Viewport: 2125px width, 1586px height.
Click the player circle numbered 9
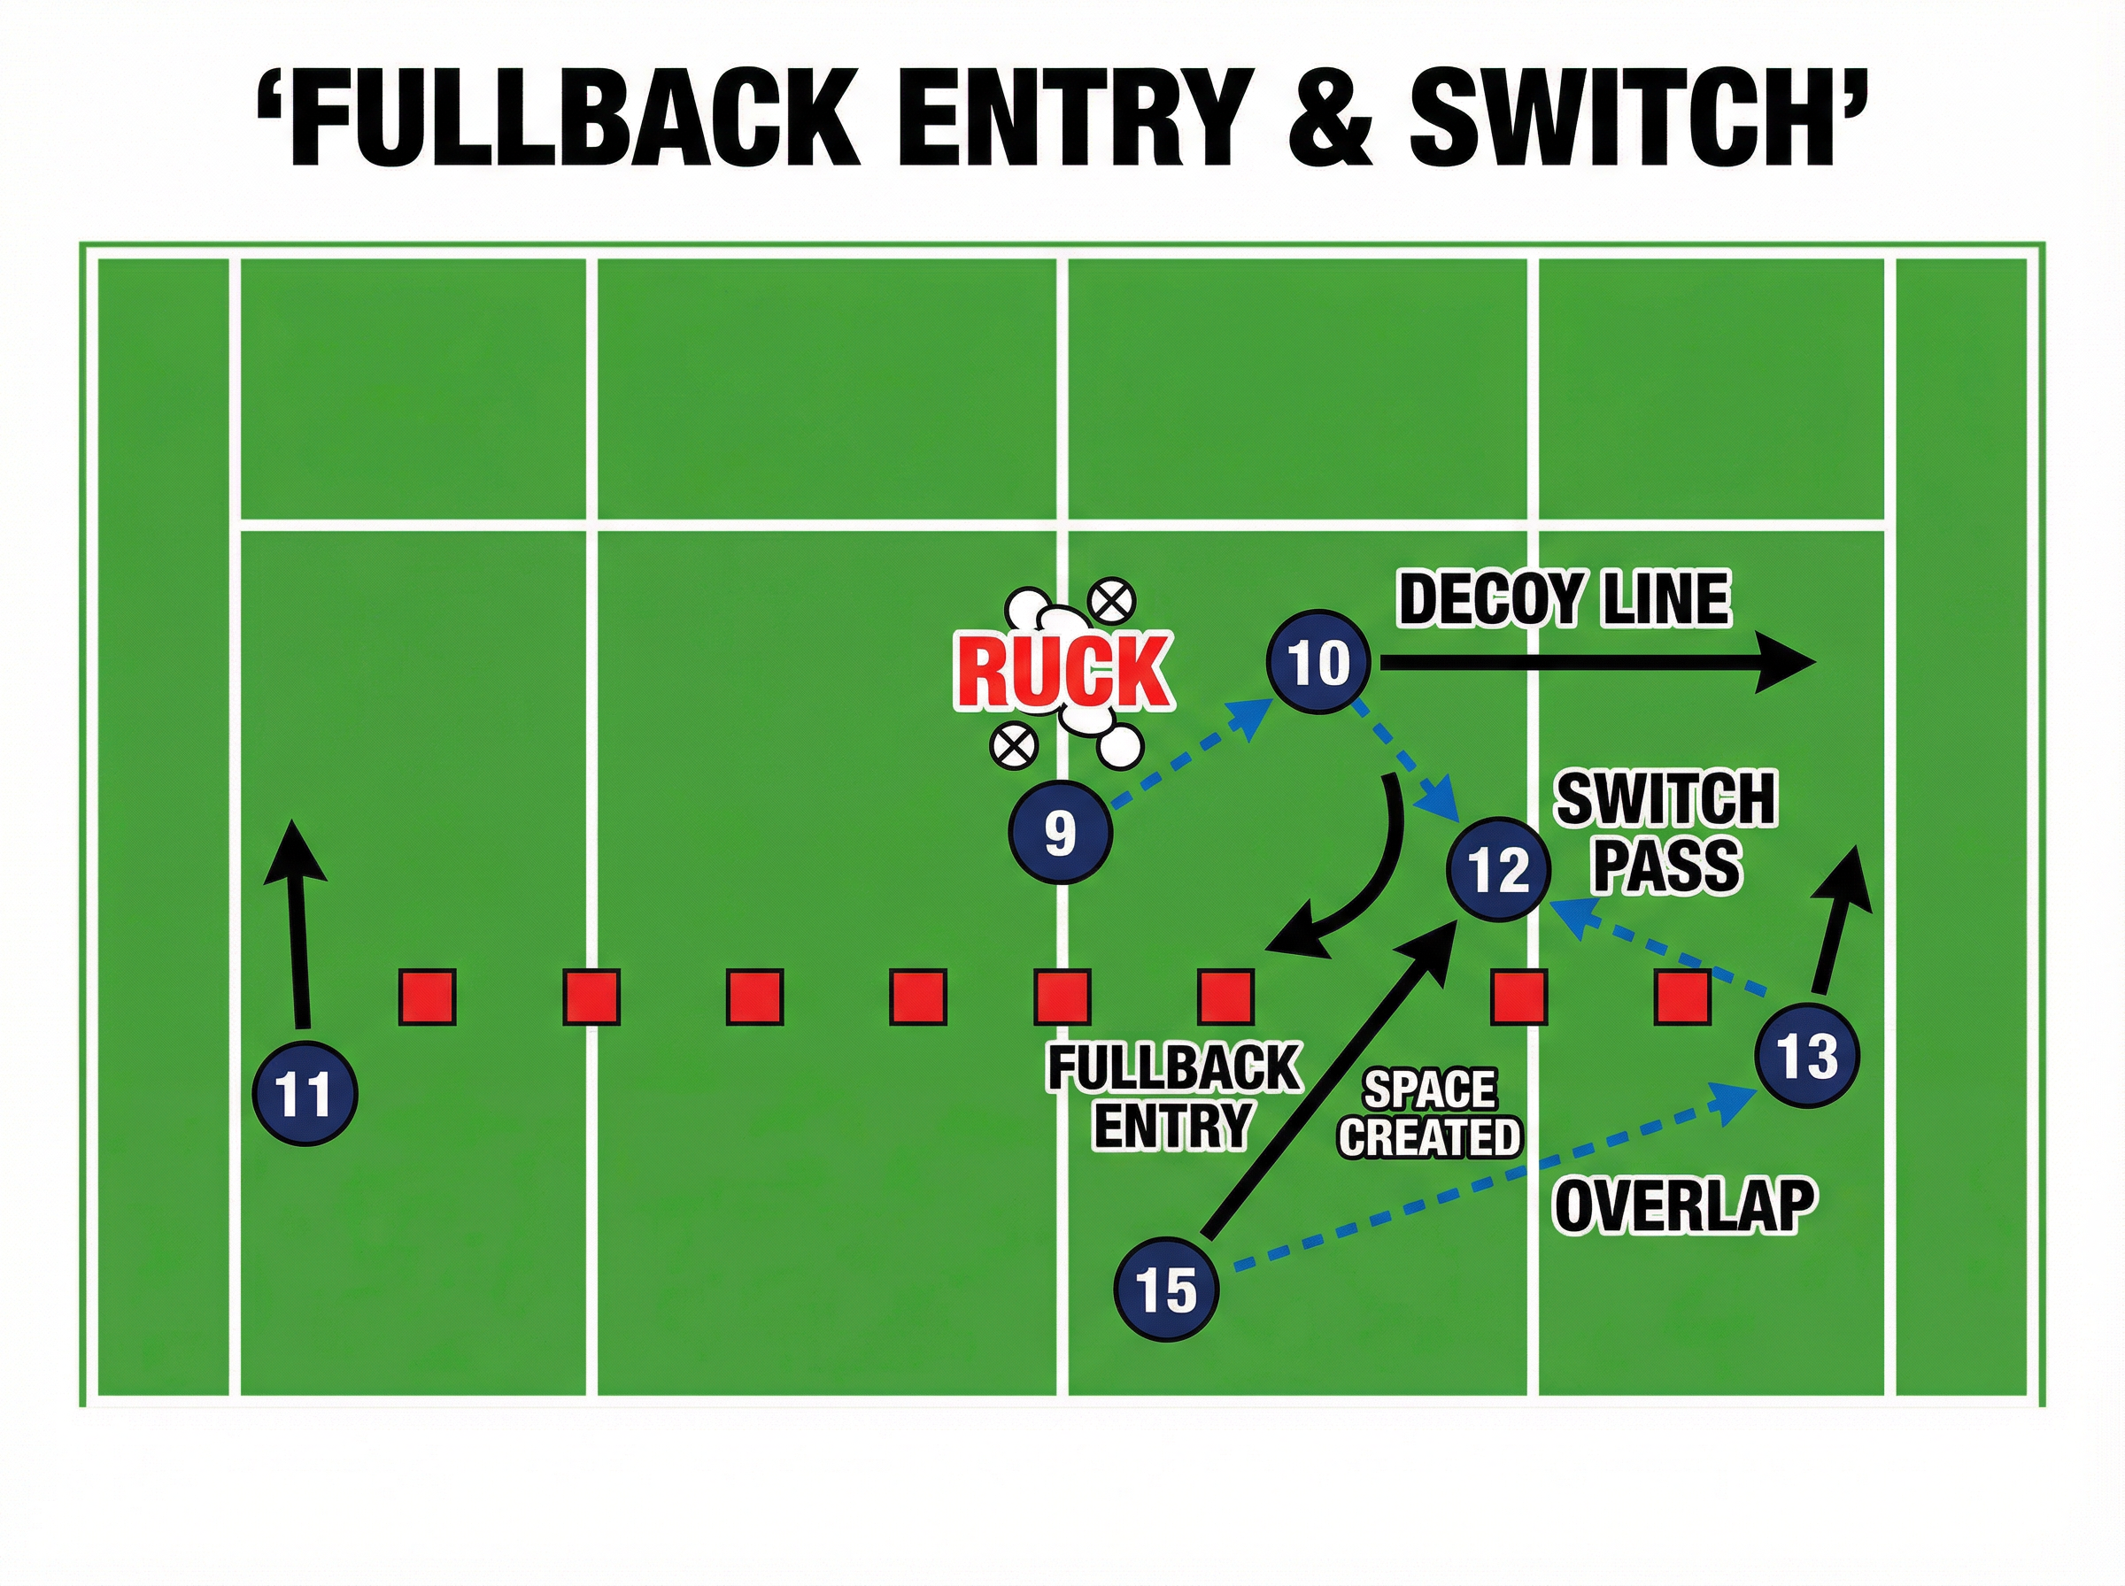click(x=1060, y=832)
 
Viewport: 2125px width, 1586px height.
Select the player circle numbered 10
click(x=1318, y=661)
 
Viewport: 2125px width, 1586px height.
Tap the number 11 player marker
click(x=305, y=1094)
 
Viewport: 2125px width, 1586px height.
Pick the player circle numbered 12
click(x=1499, y=870)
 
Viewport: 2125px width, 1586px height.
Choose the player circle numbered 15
click(x=1167, y=1289)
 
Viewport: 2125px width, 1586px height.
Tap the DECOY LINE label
click(x=1565, y=600)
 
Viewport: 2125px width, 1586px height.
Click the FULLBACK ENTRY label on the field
click(x=1172, y=1097)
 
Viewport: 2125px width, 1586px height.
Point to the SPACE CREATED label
click(x=1430, y=1113)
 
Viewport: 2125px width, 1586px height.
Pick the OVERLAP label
click(x=1685, y=1205)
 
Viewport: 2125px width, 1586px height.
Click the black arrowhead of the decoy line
click(x=1785, y=662)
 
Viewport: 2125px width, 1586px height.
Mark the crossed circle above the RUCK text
click(x=1112, y=602)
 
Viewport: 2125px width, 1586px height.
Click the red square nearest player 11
click(x=428, y=997)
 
